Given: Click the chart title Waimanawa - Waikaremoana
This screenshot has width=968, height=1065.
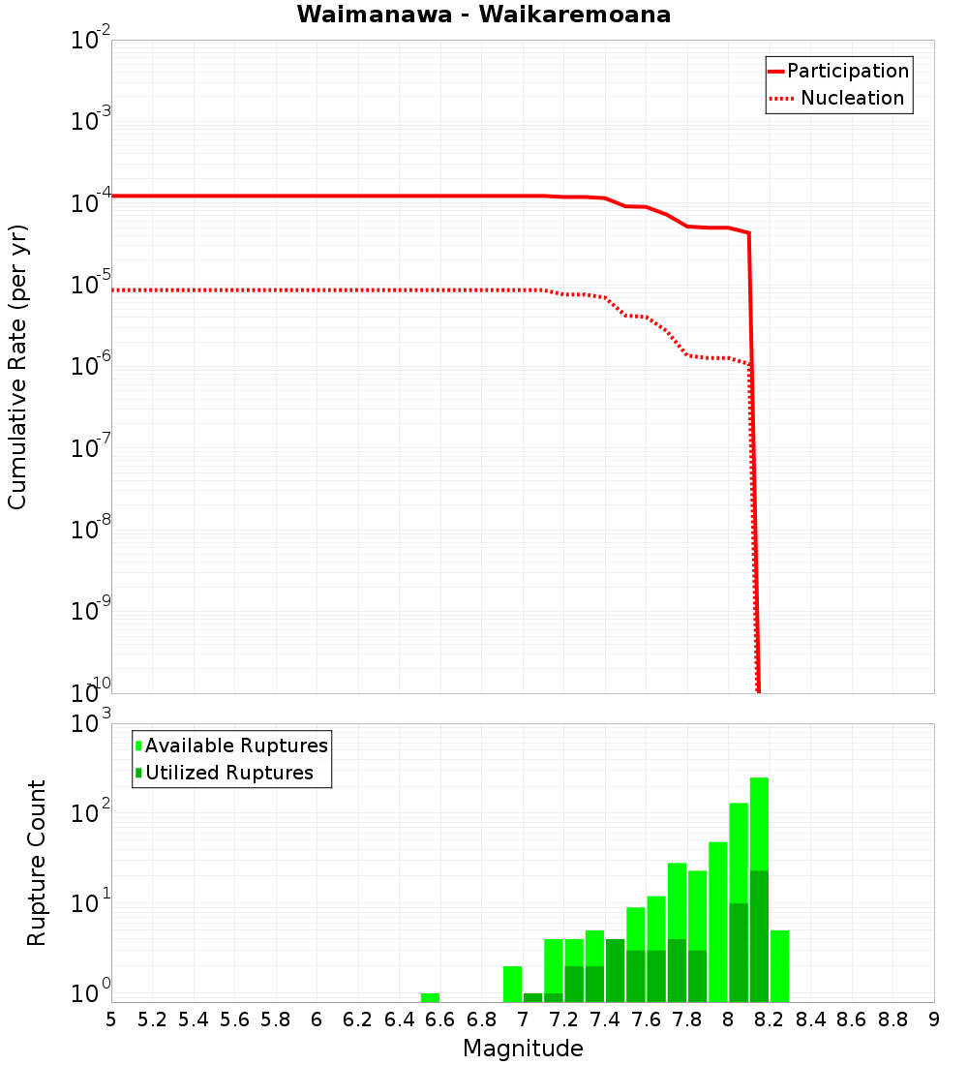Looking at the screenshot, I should tap(484, 15).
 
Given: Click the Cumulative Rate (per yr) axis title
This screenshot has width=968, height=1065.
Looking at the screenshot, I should tap(17, 366).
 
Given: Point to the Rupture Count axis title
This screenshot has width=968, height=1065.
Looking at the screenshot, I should tap(37, 862).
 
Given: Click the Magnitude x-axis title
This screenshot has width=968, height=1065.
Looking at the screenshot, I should tap(523, 1049).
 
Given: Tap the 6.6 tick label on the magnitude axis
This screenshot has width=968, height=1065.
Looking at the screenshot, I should tap(440, 1019).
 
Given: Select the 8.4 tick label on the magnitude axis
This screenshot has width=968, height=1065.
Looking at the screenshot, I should tap(810, 1019).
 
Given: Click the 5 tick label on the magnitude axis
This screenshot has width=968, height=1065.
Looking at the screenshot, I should tap(111, 1019).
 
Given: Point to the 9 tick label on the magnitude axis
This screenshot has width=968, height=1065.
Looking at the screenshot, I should tap(934, 1019).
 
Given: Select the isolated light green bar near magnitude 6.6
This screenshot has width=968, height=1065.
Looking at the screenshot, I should tap(430, 997).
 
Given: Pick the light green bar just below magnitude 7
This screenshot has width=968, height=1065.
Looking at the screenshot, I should tap(512, 984).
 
